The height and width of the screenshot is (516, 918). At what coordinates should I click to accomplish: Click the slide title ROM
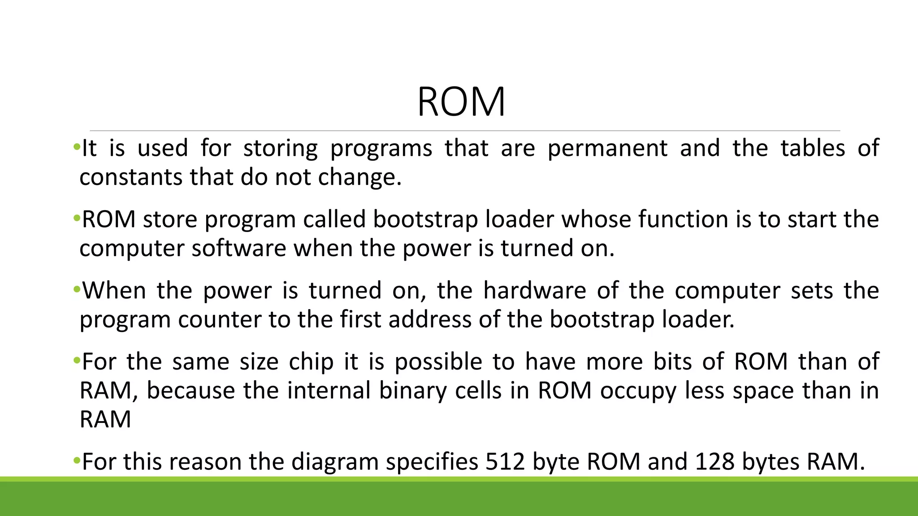tap(461, 102)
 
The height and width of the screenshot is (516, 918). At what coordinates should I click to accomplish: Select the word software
tap(238, 248)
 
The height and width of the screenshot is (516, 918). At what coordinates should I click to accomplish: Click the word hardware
tap(535, 291)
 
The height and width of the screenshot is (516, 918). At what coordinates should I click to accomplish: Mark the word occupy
tap(638, 391)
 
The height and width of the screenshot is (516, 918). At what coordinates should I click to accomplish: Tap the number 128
tap(715, 462)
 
